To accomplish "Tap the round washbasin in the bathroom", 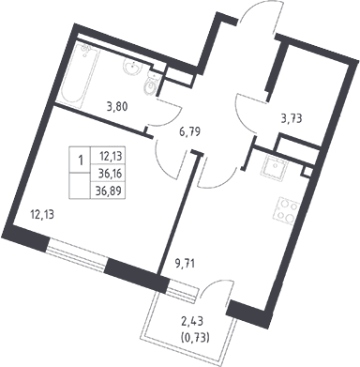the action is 132,67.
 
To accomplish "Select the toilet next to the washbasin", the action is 153,83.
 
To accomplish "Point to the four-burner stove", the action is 287,209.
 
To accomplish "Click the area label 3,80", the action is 117,107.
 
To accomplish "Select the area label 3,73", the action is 291,119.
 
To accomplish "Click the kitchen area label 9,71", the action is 185,265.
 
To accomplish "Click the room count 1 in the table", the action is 81,161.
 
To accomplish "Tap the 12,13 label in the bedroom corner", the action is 41,215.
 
